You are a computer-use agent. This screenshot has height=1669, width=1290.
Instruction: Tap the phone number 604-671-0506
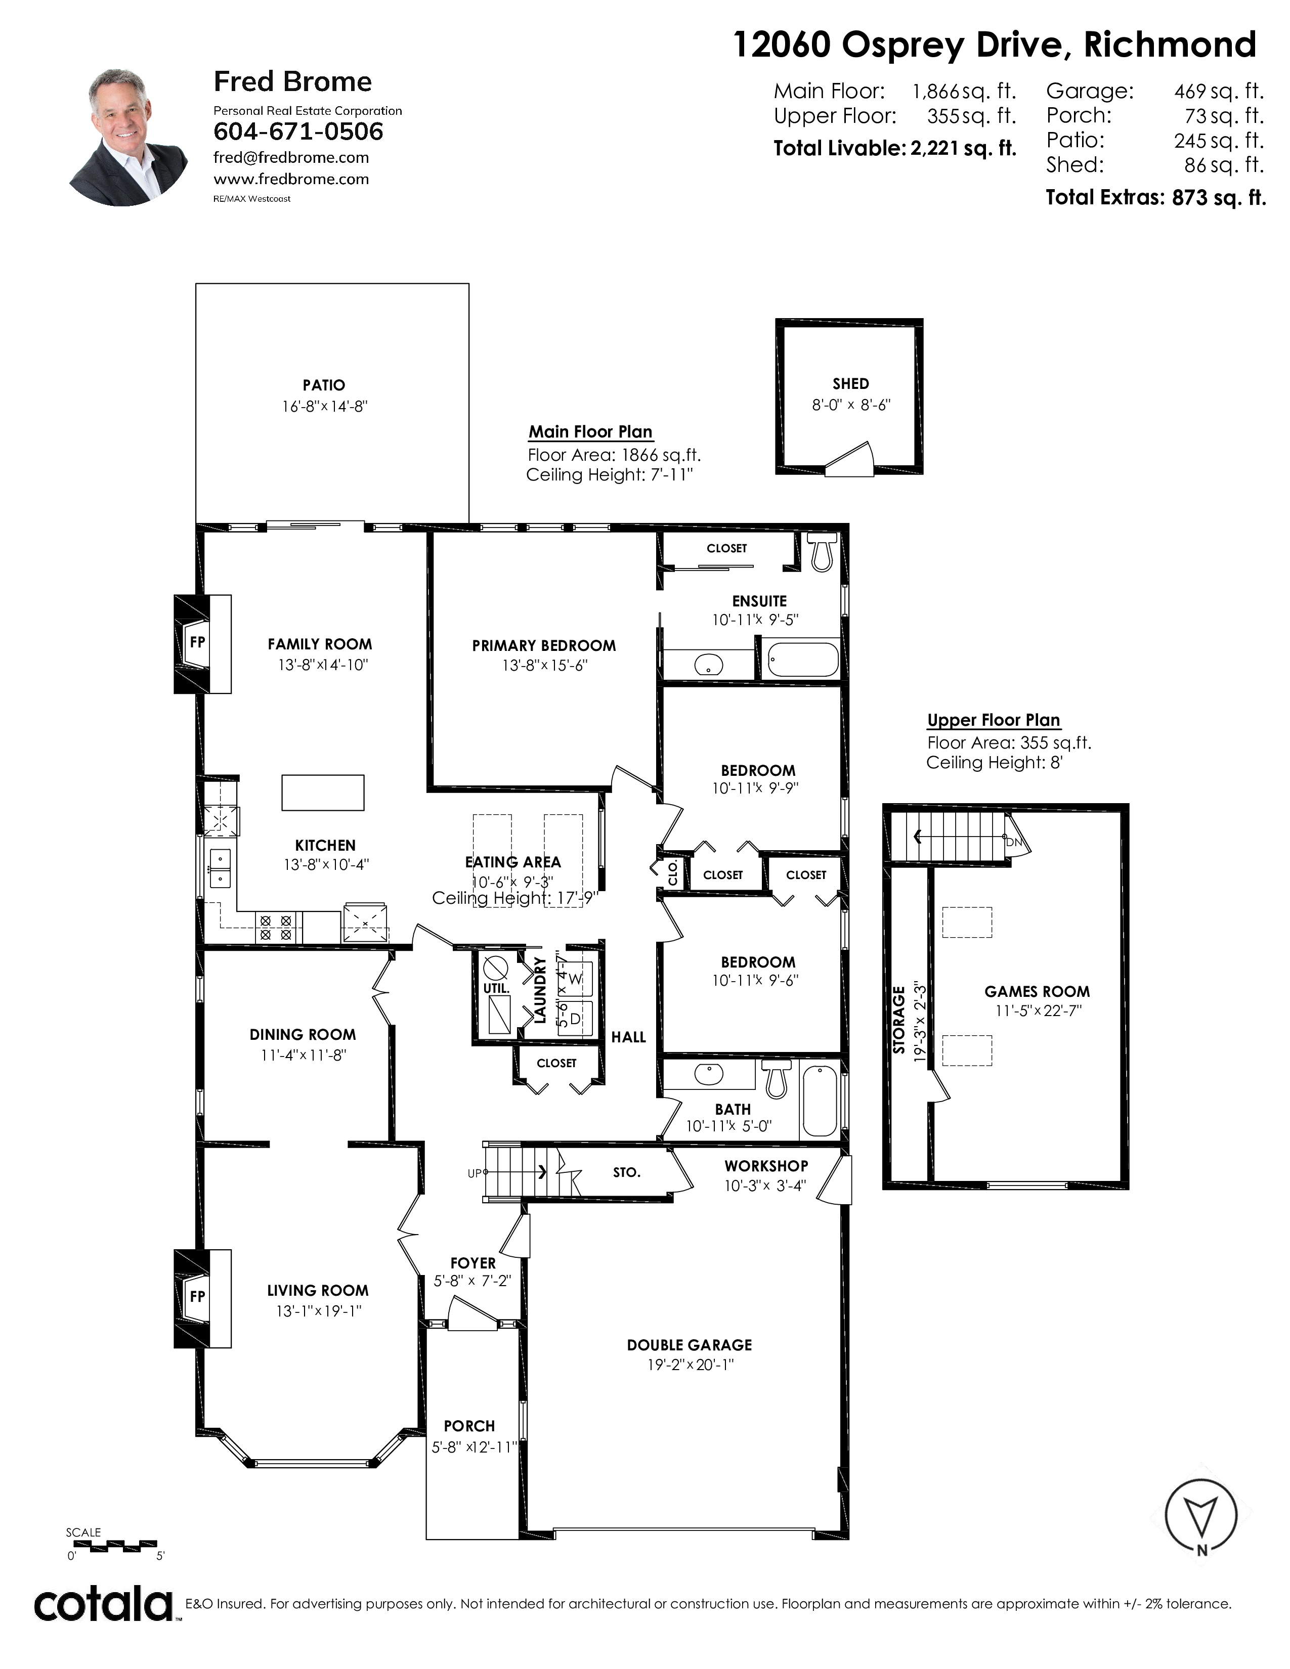click(x=298, y=131)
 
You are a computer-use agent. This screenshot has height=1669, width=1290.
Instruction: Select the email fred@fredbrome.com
click(x=291, y=157)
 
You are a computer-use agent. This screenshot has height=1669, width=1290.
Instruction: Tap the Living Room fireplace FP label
click(x=198, y=1296)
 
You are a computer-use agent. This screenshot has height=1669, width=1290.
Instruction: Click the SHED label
click(x=850, y=384)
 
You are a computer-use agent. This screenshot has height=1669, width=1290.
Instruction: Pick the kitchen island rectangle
click(x=323, y=793)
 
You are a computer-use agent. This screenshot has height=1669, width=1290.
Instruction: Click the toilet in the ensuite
click(x=822, y=552)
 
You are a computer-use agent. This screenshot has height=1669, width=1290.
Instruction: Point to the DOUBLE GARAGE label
click(x=690, y=1345)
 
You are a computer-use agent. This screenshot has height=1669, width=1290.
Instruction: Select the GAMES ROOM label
click(x=1037, y=991)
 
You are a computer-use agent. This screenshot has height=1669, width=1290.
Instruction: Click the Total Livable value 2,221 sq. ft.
click(x=963, y=148)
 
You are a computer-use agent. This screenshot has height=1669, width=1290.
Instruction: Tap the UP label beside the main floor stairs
click(x=475, y=1173)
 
